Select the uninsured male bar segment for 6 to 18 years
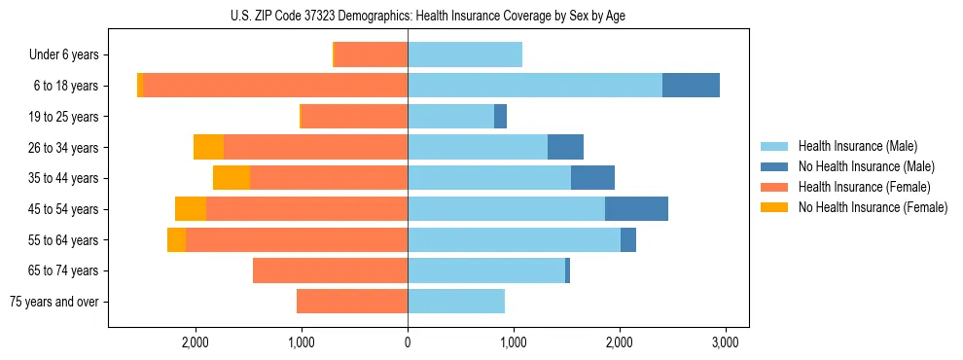click(691, 86)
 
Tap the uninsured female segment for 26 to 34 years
click(208, 147)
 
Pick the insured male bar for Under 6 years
click(465, 54)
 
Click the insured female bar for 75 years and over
click(352, 302)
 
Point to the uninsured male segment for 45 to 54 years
click(636, 208)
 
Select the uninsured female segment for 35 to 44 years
click(232, 178)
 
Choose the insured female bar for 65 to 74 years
click(330, 270)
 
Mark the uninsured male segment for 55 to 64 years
click(628, 239)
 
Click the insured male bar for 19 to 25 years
click(450, 117)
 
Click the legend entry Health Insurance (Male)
click(857, 147)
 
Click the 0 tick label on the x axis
click(408, 342)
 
